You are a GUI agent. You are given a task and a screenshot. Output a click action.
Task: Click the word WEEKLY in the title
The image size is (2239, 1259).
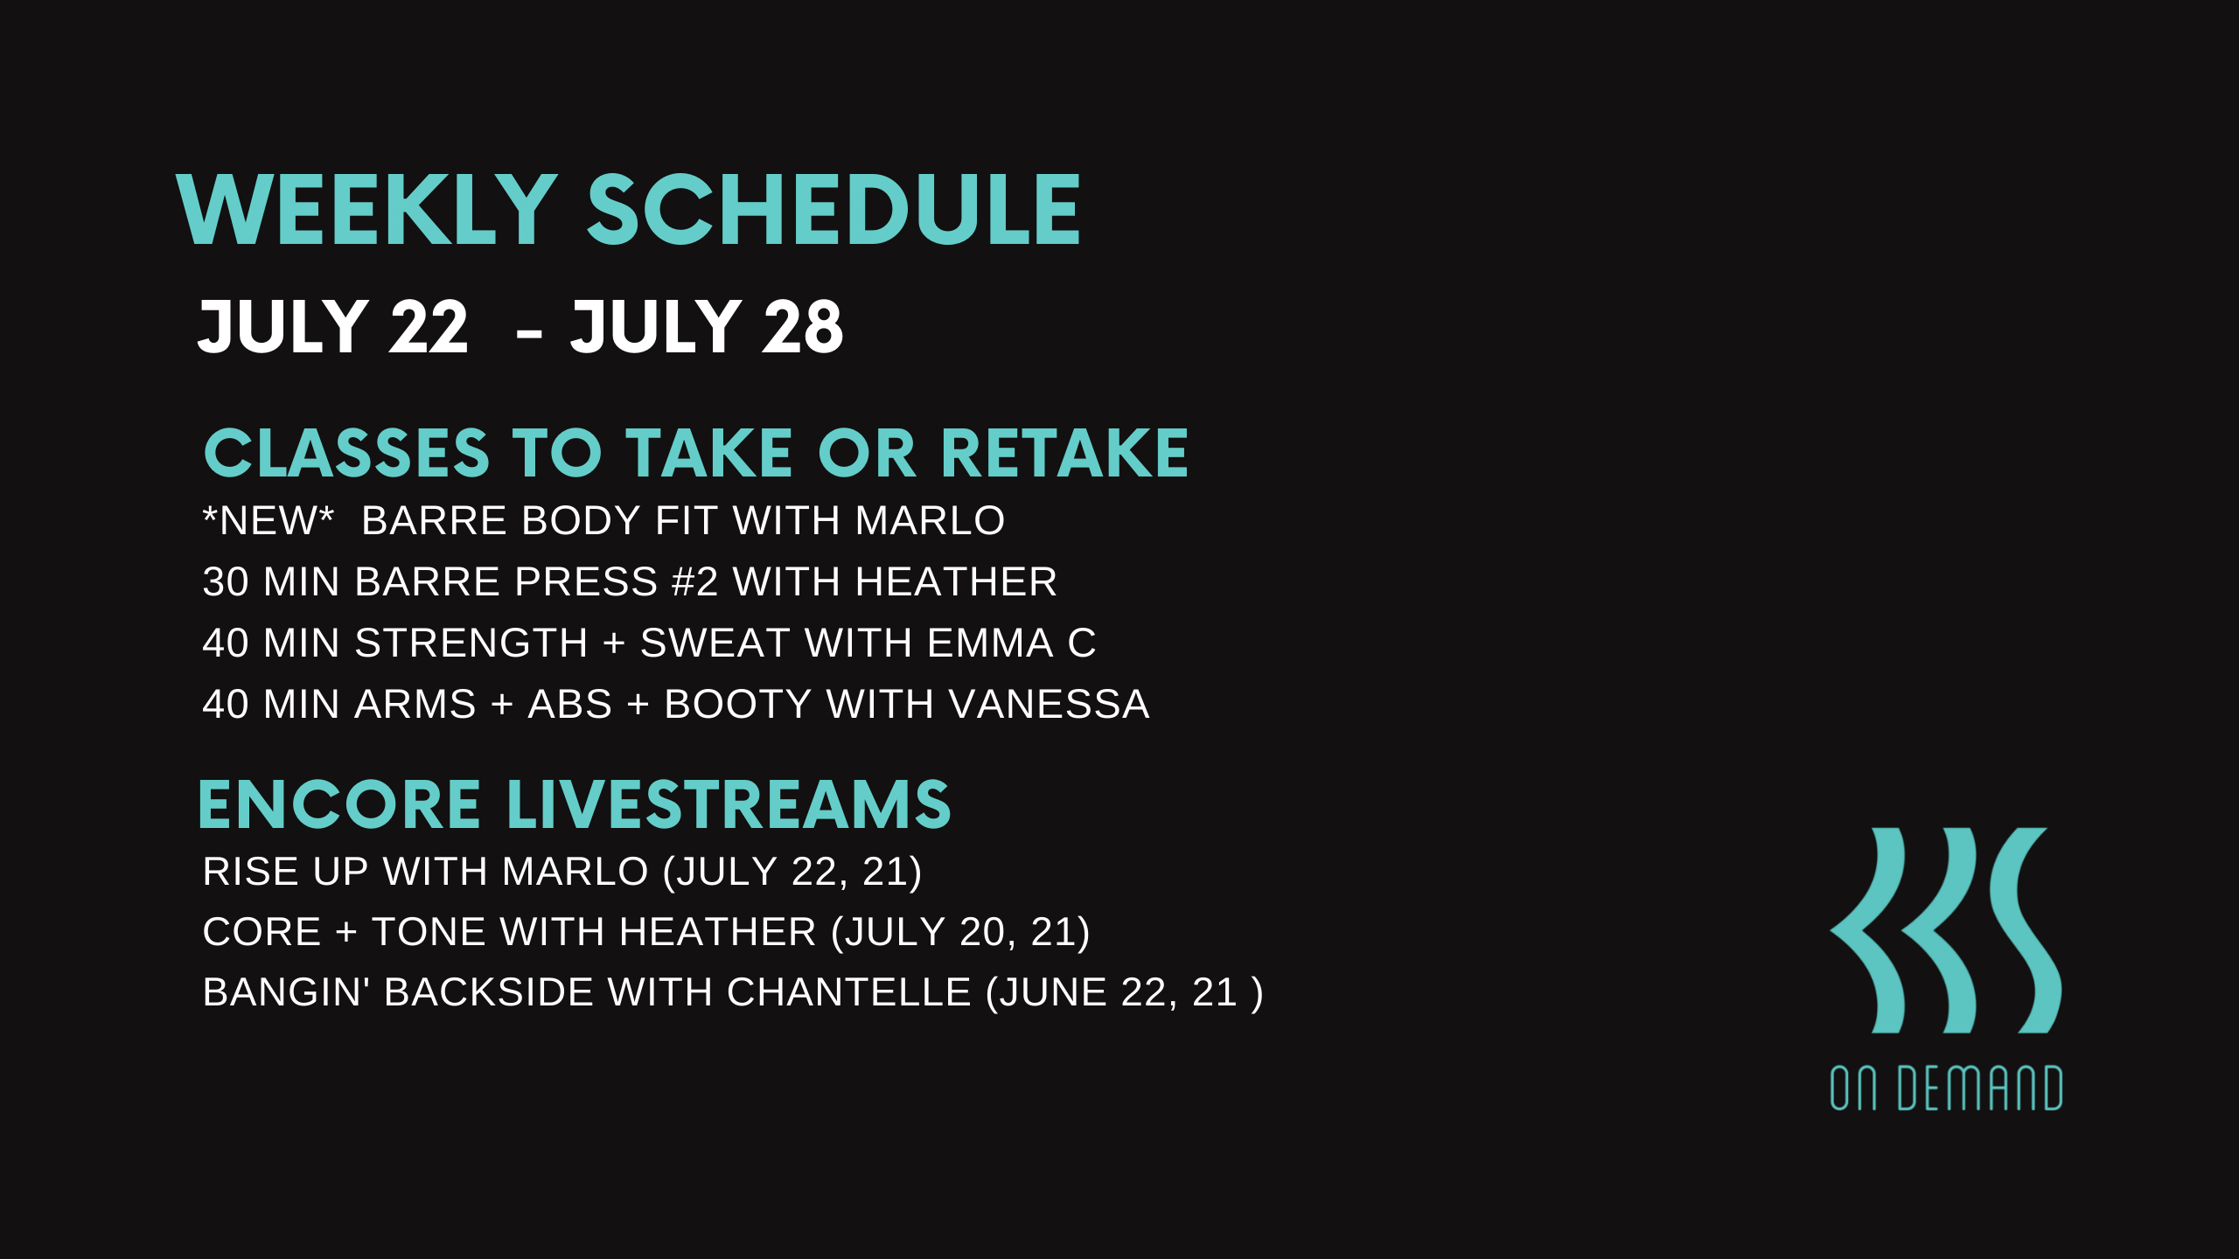(367, 210)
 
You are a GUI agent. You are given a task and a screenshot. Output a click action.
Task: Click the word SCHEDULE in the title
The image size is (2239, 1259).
(834, 210)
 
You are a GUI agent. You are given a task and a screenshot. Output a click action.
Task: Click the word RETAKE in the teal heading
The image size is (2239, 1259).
(1064, 454)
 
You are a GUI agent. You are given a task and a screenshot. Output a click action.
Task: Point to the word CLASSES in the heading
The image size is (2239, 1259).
(346, 454)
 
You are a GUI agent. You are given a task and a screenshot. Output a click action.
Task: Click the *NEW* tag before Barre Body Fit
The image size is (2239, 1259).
(269, 520)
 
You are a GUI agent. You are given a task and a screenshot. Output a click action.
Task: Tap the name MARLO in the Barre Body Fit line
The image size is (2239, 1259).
(930, 520)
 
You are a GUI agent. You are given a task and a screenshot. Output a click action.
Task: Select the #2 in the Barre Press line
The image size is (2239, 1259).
(694, 581)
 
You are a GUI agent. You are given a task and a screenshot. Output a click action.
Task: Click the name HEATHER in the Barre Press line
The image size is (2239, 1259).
(956, 581)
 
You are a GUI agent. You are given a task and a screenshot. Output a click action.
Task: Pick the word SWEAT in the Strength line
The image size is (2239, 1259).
(715, 643)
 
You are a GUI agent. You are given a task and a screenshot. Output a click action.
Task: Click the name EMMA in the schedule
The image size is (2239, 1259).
(990, 643)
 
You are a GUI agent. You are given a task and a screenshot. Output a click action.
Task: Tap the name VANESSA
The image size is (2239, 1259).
(1050, 704)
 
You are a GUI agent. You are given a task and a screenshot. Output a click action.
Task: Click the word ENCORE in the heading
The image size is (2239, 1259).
(339, 804)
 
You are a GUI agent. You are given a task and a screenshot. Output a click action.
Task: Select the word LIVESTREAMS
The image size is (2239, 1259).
(729, 804)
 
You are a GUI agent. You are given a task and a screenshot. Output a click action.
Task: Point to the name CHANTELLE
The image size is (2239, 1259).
(848, 992)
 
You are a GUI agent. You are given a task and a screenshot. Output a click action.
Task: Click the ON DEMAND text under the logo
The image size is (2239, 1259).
(1946, 1089)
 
